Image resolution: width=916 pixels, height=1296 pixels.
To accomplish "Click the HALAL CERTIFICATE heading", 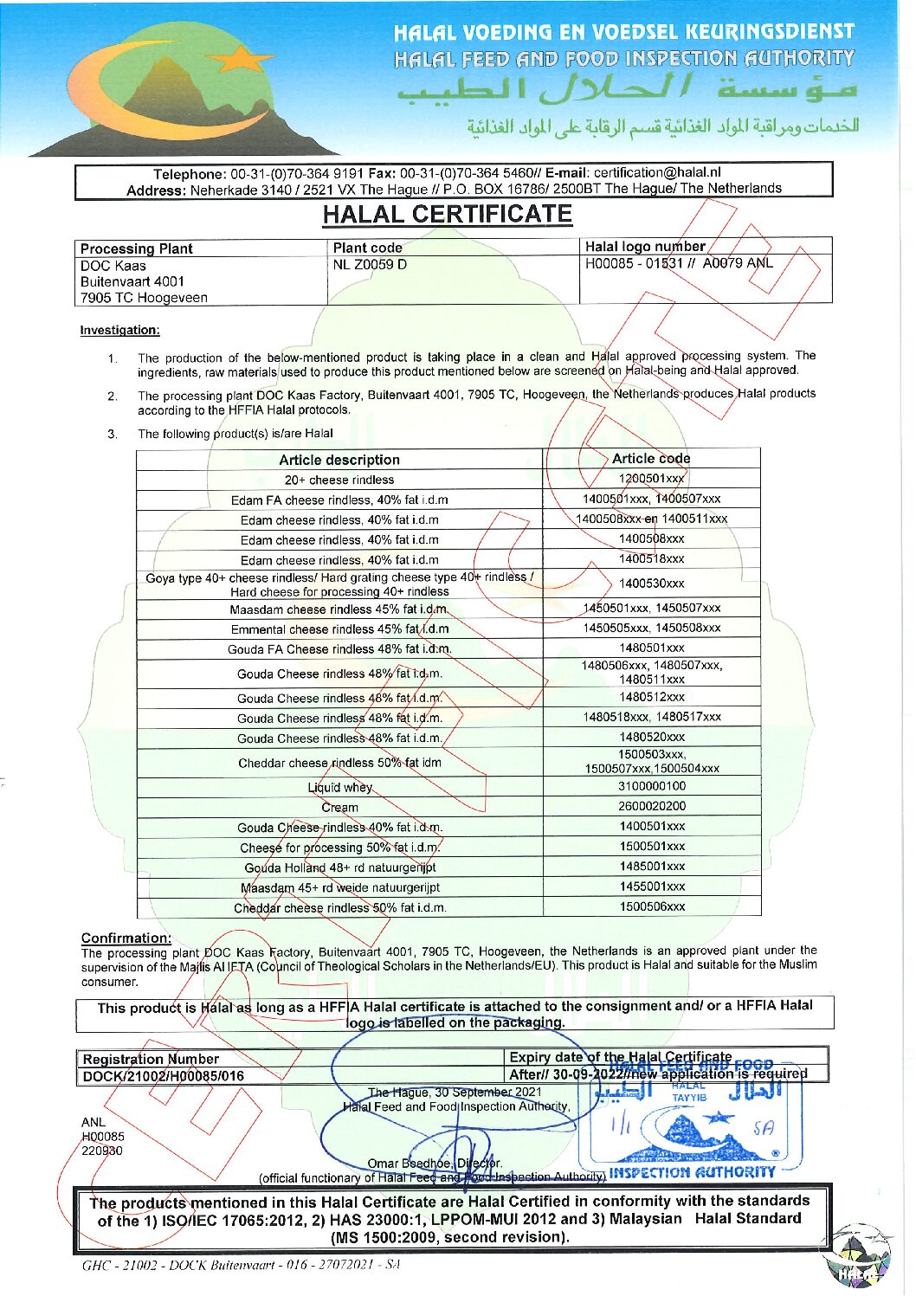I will point(447,215).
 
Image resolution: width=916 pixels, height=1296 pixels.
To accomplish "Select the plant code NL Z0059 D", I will point(370,265).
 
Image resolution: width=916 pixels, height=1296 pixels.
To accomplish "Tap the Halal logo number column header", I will point(645,247).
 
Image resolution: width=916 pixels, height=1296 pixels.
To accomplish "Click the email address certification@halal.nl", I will point(657,172).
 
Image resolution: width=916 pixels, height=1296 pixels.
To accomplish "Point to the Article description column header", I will point(339,460).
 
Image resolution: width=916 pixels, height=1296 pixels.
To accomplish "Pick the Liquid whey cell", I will point(339,788).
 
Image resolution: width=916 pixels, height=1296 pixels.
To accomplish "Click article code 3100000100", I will point(651,786).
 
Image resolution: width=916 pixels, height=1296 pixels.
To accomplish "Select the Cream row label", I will point(339,808).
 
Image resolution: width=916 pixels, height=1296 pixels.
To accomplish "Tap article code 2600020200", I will point(651,806).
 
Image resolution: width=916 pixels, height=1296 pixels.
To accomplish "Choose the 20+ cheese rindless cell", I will point(339,480).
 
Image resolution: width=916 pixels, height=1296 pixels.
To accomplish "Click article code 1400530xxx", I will point(651,584).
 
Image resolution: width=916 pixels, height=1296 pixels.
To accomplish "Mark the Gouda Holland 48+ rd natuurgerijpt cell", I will point(339,867).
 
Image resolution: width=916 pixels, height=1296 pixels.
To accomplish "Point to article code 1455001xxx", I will point(651,887).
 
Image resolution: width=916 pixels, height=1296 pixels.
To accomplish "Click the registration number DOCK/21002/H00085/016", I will point(164,1076).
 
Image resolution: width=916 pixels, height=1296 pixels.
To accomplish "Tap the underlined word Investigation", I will point(119,330).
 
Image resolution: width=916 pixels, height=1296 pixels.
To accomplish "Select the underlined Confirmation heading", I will point(126,938).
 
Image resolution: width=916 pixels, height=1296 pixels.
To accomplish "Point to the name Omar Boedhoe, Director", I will point(435,1164).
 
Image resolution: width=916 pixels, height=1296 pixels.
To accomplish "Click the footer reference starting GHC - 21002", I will point(242,1265).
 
